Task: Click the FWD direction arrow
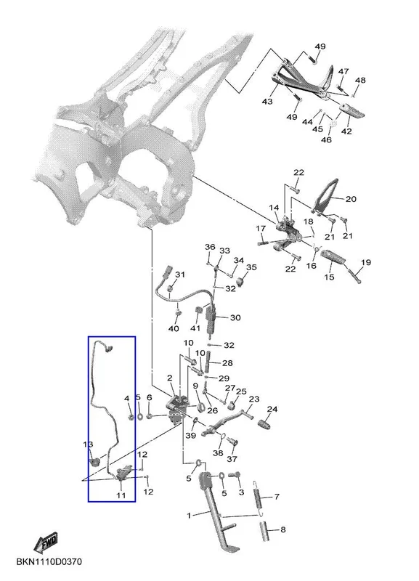click(x=46, y=542)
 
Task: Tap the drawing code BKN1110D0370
click(x=49, y=561)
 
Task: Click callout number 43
click(x=267, y=101)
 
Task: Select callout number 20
click(x=351, y=199)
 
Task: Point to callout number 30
click(x=235, y=317)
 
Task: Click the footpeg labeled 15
click(x=334, y=259)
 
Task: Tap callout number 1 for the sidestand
click(x=190, y=516)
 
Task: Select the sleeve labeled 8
click(x=265, y=531)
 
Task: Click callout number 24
click(x=272, y=409)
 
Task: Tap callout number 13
click(x=88, y=444)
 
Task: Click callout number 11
click(x=121, y=495)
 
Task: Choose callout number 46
click(x=326, y=139)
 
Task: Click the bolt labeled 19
click(x=354, y=276)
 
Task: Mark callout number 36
click(x=210, y=247)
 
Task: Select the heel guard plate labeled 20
click(x=326, y=195)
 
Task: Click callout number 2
click(x=170, y=378)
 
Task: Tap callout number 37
click(x=232, y=459)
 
